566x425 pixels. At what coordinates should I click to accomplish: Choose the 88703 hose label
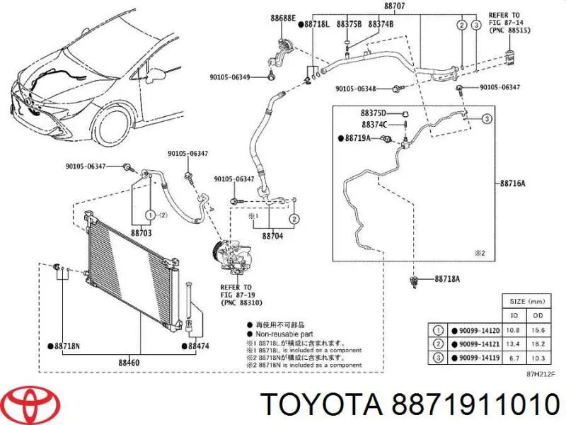pos(142,232)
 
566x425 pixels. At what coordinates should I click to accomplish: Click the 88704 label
pos(272,236)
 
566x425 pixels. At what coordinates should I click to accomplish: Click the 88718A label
pos(447,279)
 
